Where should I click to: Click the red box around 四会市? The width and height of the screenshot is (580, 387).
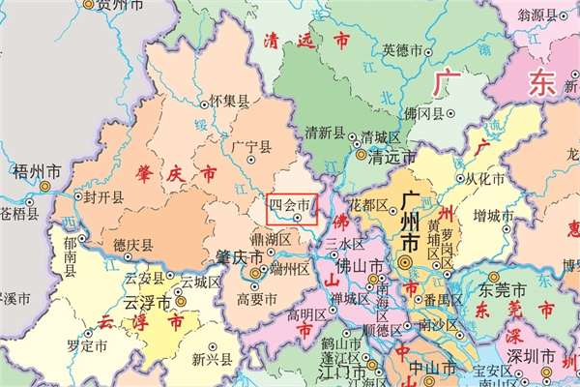tap(291, 209)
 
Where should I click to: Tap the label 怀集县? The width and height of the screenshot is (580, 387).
tap(229, 100)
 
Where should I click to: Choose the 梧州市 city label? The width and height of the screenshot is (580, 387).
tap(38, 171)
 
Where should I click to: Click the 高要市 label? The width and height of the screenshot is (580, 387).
tap(256, 299)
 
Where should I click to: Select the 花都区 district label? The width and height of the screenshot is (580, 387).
tap(367, 205)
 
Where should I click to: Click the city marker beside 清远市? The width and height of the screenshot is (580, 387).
tap(361, 154)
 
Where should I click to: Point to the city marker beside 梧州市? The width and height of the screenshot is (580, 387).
tap(45, 186)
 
